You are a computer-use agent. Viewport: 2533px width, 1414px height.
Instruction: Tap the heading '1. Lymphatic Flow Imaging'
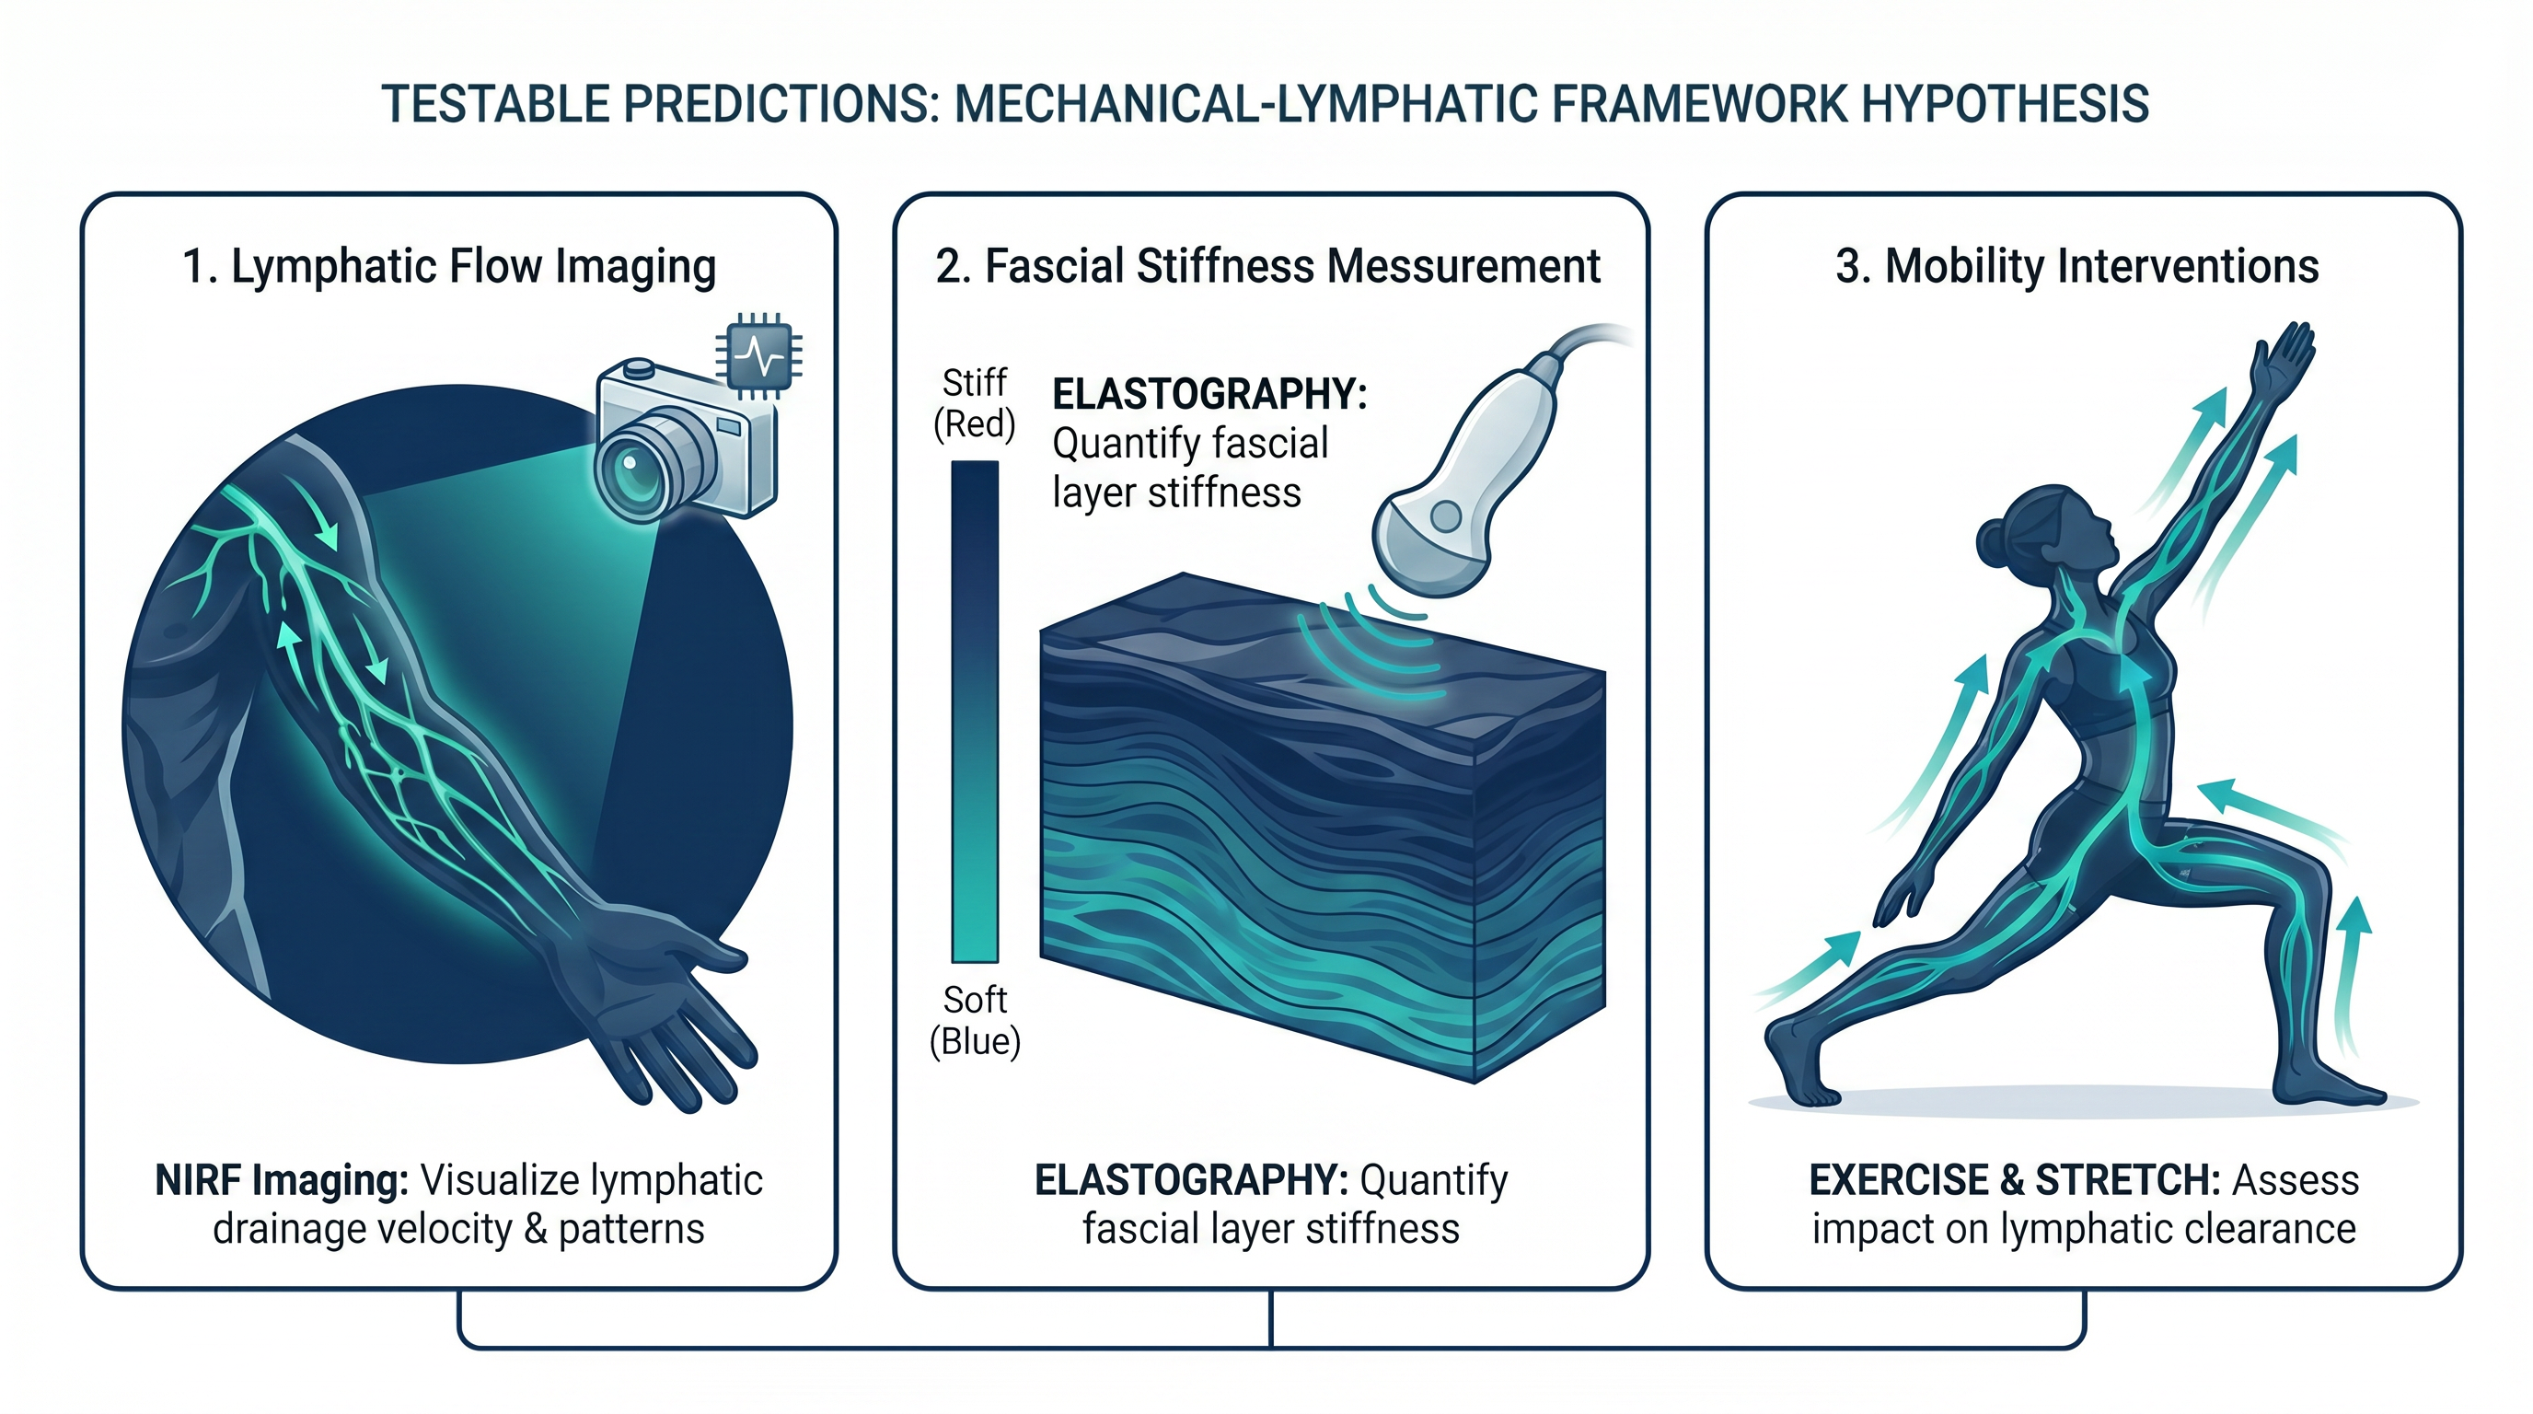click(x=449, y=266)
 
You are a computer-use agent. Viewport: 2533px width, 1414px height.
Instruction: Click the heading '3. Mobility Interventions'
click(x=2076, y=266)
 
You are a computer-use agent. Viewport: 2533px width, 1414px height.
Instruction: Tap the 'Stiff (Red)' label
click(x=974, y=403)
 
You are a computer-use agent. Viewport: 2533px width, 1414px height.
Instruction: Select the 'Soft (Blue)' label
click(x=975, y=1021)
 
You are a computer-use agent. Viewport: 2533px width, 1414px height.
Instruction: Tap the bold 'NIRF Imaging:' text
click(x=282, y=1180)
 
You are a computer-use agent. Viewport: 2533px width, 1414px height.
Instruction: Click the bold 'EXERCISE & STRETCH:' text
click(x=2014, y=1180)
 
